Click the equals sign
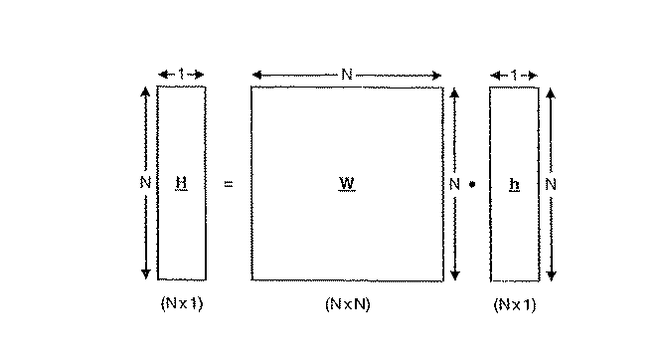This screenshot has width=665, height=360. (x=229, y=184)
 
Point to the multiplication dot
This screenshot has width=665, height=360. (x=473, y=184)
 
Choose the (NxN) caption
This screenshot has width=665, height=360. (x=347, y=304)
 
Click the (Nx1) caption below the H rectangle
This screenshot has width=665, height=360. (x=181, y=304)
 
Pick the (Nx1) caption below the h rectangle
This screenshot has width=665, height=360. (x=514, y=304)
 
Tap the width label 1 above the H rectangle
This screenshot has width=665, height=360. (x=181, y=74)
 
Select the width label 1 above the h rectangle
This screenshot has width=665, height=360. (x=514, y=74)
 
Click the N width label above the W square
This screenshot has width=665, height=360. (x=346, y=74)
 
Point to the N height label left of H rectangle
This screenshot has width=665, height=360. (x=145, y=183)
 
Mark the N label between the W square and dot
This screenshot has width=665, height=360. (x=454, y=184)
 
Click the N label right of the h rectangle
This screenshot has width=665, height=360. (x=551, y=184)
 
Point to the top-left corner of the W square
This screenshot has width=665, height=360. (x=251, y=87)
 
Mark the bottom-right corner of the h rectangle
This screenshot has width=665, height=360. (x=538, y=280)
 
